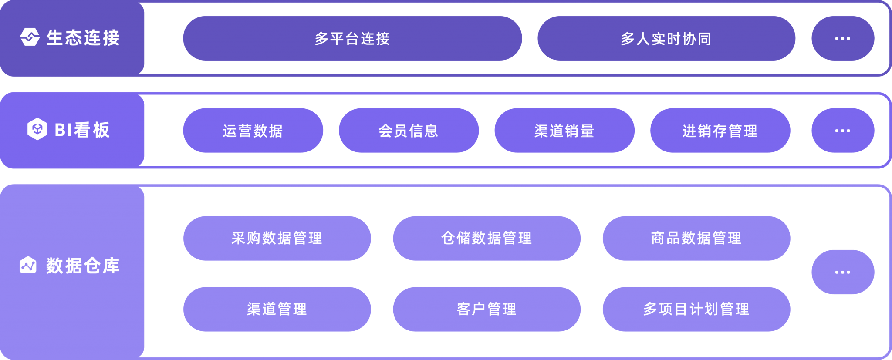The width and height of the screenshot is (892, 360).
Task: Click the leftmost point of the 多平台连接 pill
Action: click(x=183, y=38)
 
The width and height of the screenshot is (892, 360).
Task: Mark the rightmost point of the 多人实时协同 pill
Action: click(x=795, y=38)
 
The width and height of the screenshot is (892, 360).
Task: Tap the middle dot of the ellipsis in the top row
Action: click(x=843, y=38)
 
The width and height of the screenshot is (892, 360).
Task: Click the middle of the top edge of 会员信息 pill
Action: click(x=409, y=108)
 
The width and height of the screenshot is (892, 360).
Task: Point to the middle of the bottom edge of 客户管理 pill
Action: click(x=487, y=331)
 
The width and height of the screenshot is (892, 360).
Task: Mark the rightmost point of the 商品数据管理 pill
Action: click(x=790, y=238)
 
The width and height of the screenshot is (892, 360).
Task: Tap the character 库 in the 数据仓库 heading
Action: click(x=111, y=266)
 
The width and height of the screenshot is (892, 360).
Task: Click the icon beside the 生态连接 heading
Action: click(x=30, y=37)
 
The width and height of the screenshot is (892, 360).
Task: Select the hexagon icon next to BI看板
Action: click(x=37, y=129)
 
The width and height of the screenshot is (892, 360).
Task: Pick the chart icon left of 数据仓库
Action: click(x=28, y=265)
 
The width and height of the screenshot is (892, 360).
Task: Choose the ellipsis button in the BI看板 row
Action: click(x=843, y=131)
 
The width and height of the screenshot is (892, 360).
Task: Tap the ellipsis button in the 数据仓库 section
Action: click(x=843, y=272)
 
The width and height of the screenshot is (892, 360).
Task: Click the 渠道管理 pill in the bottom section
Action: click(x=277, y=309)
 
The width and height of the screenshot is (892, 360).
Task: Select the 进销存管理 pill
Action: click(x=720, y=131)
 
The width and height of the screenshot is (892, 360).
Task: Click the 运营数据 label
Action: click(x=253, y=131)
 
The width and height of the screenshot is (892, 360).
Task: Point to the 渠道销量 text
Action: click(x=564, y=131)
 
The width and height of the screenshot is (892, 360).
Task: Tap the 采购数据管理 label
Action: click(x=277, y=238)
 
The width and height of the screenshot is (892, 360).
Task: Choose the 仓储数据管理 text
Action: click(x=487, y=238)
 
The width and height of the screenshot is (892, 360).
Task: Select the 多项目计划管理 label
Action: click(x=696, y=309)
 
